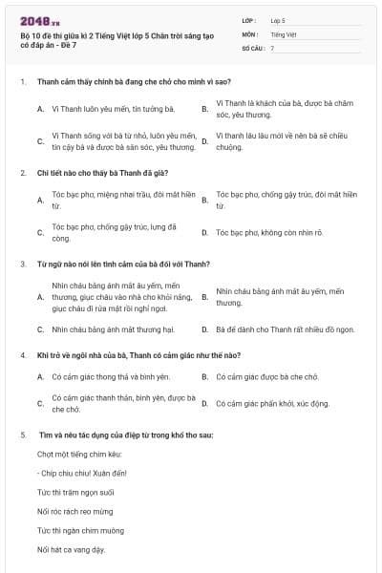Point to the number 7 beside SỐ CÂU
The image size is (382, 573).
click(x=272, y=48)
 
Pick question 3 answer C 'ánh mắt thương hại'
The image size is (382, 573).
click(x=114, y=329)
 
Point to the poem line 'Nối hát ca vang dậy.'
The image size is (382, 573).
click(x=71, y=550)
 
